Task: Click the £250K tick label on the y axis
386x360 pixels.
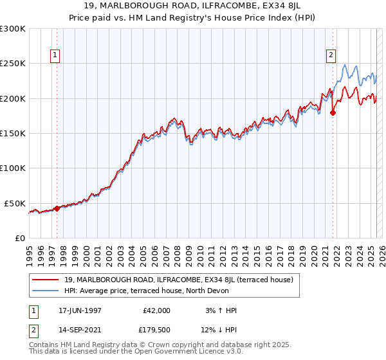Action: click(x=13, y=64)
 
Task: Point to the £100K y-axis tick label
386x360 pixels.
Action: click(x=13, y=168)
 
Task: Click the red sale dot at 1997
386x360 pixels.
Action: click(x=57, y=208)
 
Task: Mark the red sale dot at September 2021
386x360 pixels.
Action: click(x=333, y=113)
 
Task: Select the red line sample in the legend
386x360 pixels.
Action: click(x=46, y=280)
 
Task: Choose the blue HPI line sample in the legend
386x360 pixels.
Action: click(x=46, y=291)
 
